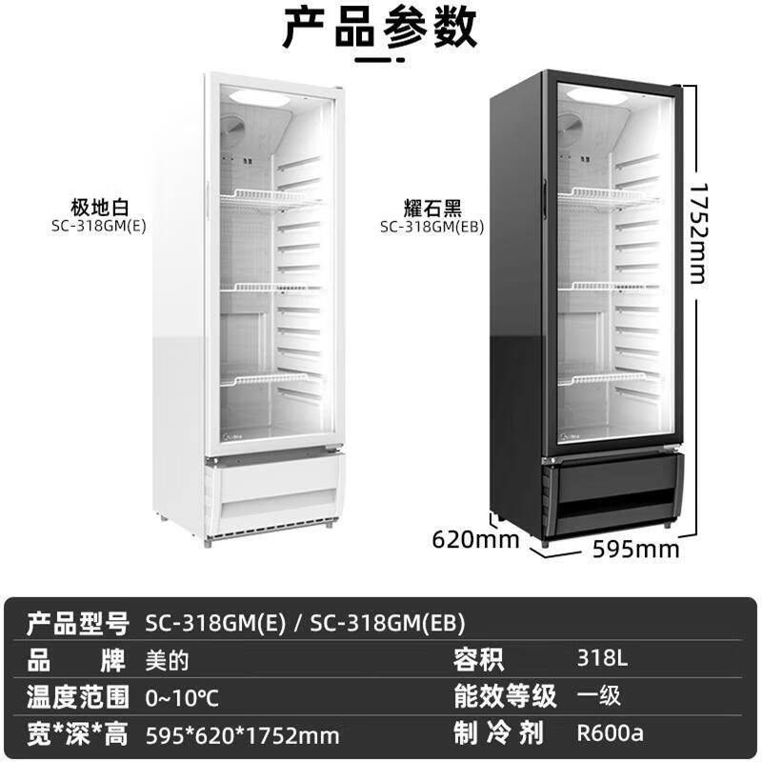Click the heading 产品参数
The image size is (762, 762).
pyautogui.click(x=379, y=28)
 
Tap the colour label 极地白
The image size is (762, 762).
pyautogui.click(x=100, y=208)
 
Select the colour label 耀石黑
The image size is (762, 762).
pyautogui.click(x=432, y=208)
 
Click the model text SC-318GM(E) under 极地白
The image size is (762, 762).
pyautogui.click(x=99, y=227)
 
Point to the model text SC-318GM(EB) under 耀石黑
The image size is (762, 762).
pyautogui.click(x=432, y=227)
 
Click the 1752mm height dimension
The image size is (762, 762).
pyautogui.click(x=698, y=233)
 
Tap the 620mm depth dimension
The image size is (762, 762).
pyautogui.click(x=475, y=539)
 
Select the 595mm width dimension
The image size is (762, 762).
pyautogui.click(x=636, y=550)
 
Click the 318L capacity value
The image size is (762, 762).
pyautogui.click(x=602, y=658)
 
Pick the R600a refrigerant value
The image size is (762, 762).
pyautogui.click(x=610, y=732)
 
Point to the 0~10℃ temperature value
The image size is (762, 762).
pyautogui.click(x=182, y=698)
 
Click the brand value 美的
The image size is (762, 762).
pyautogui.click(x=167, y=661)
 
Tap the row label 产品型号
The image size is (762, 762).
pyautogui.click(x=78, y=624)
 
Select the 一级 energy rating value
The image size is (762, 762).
pyautogui.click(x=599, y=695)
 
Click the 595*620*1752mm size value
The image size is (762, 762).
pyautogui.click(x=243, y=735)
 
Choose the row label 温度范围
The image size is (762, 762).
pyautogui.click(x=78, y=697)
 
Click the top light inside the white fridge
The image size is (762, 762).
pyautogui.click(x=259, y=96)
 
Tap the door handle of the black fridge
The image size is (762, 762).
pyautogui.click(x=545, y=198)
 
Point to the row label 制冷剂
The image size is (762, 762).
pyautogui.click(x=498, y=732)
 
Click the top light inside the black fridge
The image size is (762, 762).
pyautogui.click(x=597, y=96)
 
